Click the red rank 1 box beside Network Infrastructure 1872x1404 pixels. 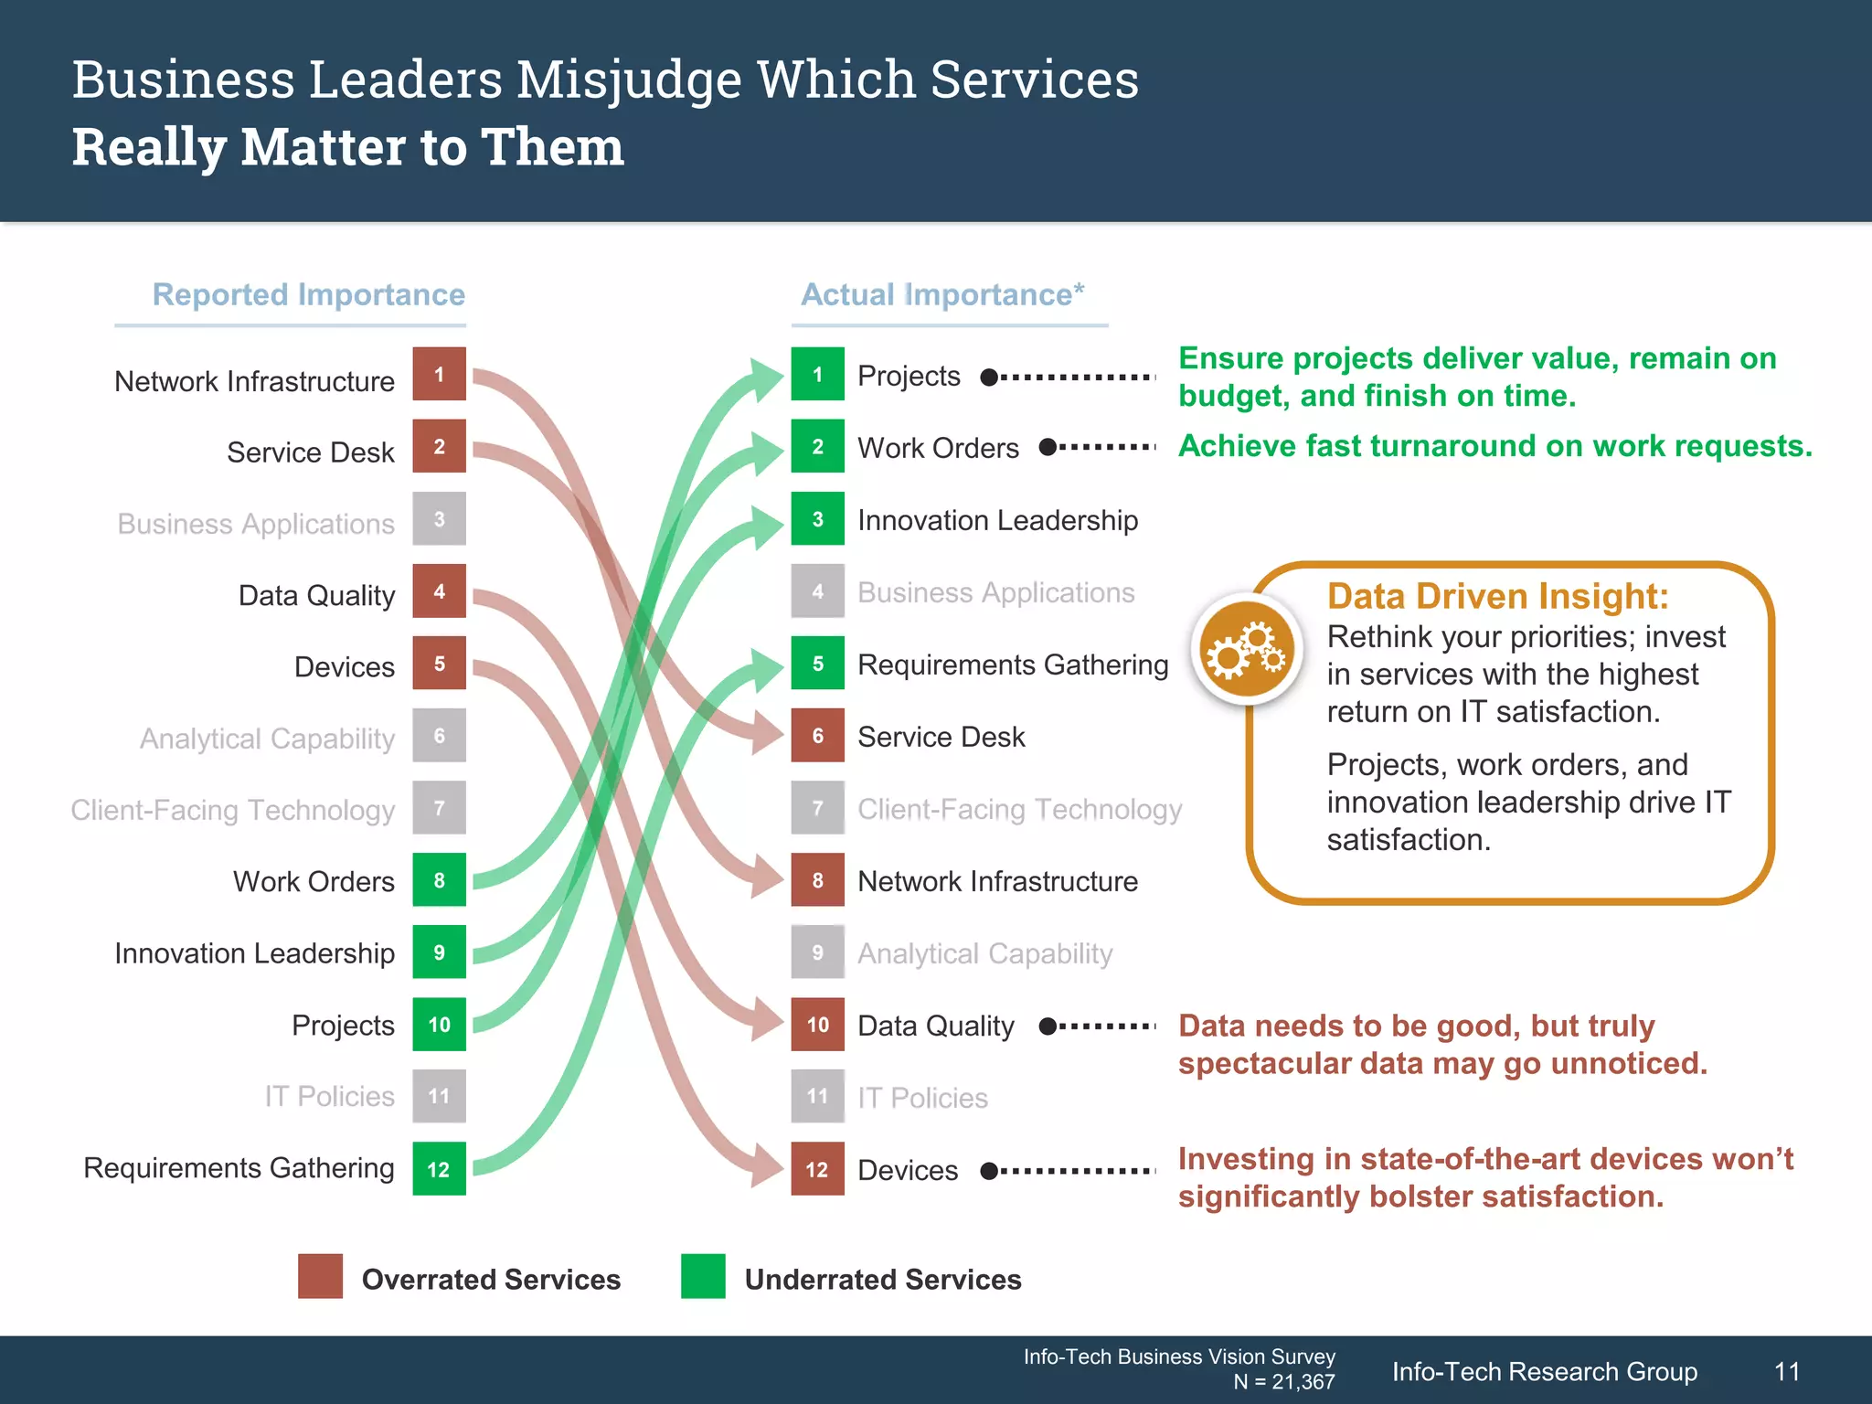[439, 374]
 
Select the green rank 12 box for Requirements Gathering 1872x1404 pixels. [439, 1168]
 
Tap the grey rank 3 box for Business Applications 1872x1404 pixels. [439, 518]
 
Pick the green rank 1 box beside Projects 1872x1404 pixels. [817, 374]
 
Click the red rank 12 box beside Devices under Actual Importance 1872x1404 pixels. [817, 1168]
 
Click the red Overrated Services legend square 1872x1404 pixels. [320, 1276]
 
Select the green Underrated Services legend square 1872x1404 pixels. [703, 1276]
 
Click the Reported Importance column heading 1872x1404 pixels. [308, 294]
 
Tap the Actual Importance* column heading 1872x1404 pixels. [942, 294]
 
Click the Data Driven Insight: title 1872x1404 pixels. [1497, 596]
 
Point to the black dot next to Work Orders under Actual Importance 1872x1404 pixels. [1048, 447]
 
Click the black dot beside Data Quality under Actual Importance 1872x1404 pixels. [1048, 1026]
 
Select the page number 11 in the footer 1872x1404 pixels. [1786, 1371]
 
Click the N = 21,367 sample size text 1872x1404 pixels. [1283, 1382]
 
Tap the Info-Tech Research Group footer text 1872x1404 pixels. [1544, 1371]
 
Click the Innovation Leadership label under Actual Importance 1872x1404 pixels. [997, 520]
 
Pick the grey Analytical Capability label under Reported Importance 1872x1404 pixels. [267, 738]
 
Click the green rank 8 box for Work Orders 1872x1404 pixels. [439, 879]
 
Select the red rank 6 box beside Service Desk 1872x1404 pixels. [817, 735]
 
